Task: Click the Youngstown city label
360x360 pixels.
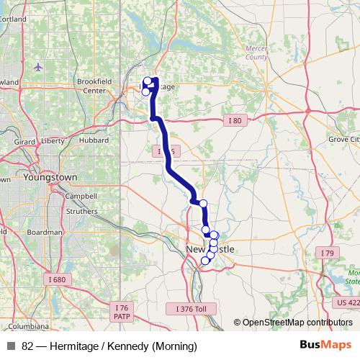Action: [x=50, y=176]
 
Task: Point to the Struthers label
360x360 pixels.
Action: [x=81, y=212]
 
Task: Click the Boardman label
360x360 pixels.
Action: [x=44, y=233]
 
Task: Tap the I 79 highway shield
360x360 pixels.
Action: [x=328, y=253]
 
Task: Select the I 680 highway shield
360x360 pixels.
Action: [x=59, y=279]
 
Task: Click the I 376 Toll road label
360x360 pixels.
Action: [x=196, y=308]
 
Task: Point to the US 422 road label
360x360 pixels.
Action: [x=348, y=303]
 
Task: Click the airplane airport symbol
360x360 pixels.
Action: [x=37, y=67]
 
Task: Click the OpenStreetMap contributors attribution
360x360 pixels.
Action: [x=297, y=323]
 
